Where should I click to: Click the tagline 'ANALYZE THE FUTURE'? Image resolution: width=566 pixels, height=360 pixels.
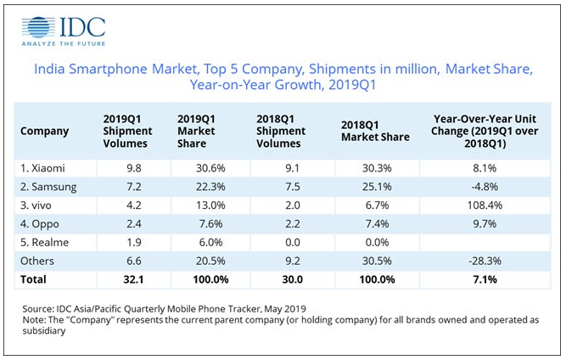(x=63, y=45)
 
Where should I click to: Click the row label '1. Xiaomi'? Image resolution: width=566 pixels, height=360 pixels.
(x=44, y=167)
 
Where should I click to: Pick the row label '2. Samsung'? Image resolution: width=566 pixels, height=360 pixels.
(x=49, y=186)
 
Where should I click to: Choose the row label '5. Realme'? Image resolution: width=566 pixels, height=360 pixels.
(x=46, y=241)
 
